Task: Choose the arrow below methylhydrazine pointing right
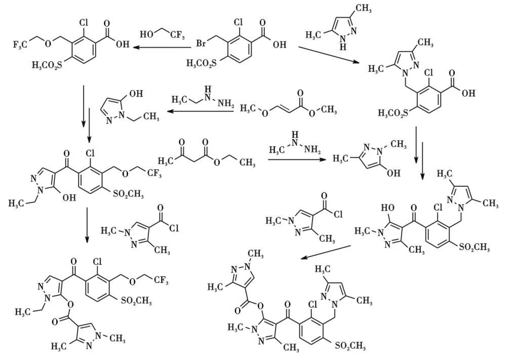click(297, 160)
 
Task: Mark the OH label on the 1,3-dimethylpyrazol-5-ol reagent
click(393, 173)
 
